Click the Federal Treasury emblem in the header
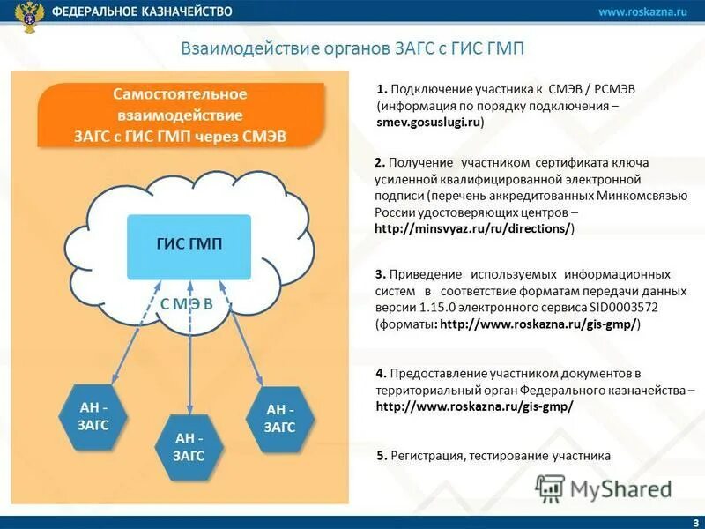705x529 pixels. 33,16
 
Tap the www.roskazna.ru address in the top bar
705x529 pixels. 642,11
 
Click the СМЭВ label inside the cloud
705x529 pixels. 186,304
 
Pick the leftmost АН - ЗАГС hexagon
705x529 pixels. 86,416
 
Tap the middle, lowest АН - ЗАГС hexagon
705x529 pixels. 189,446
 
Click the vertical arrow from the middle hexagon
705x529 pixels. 189,353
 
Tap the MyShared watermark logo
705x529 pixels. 605,488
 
